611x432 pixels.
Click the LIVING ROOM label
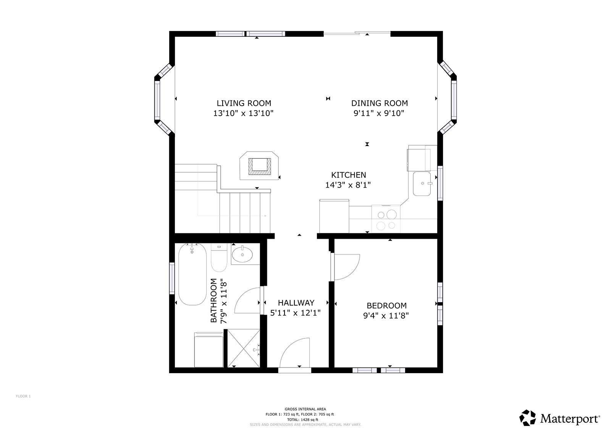pos(244,103)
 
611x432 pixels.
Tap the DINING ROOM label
pos(380,103)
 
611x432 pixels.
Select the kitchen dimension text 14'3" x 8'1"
pos(348,185)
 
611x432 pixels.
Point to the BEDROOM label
pos(386,305)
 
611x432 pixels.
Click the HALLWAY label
pos(296,303)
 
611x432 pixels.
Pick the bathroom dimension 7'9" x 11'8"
pos(223,301)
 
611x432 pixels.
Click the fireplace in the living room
pos(259,166)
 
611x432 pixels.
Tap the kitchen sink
pos(422,183)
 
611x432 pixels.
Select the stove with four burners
pos(386,219)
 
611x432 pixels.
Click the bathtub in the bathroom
pos(192,274)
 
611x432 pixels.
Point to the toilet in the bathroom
pos(219,257)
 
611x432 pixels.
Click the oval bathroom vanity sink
pos(242,255)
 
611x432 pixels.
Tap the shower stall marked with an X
pos(244,348)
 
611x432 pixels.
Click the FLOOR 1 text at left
pos(23,396)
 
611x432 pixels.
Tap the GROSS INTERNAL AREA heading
pos(305,409)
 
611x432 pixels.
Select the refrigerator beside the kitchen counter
pos(334,216)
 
